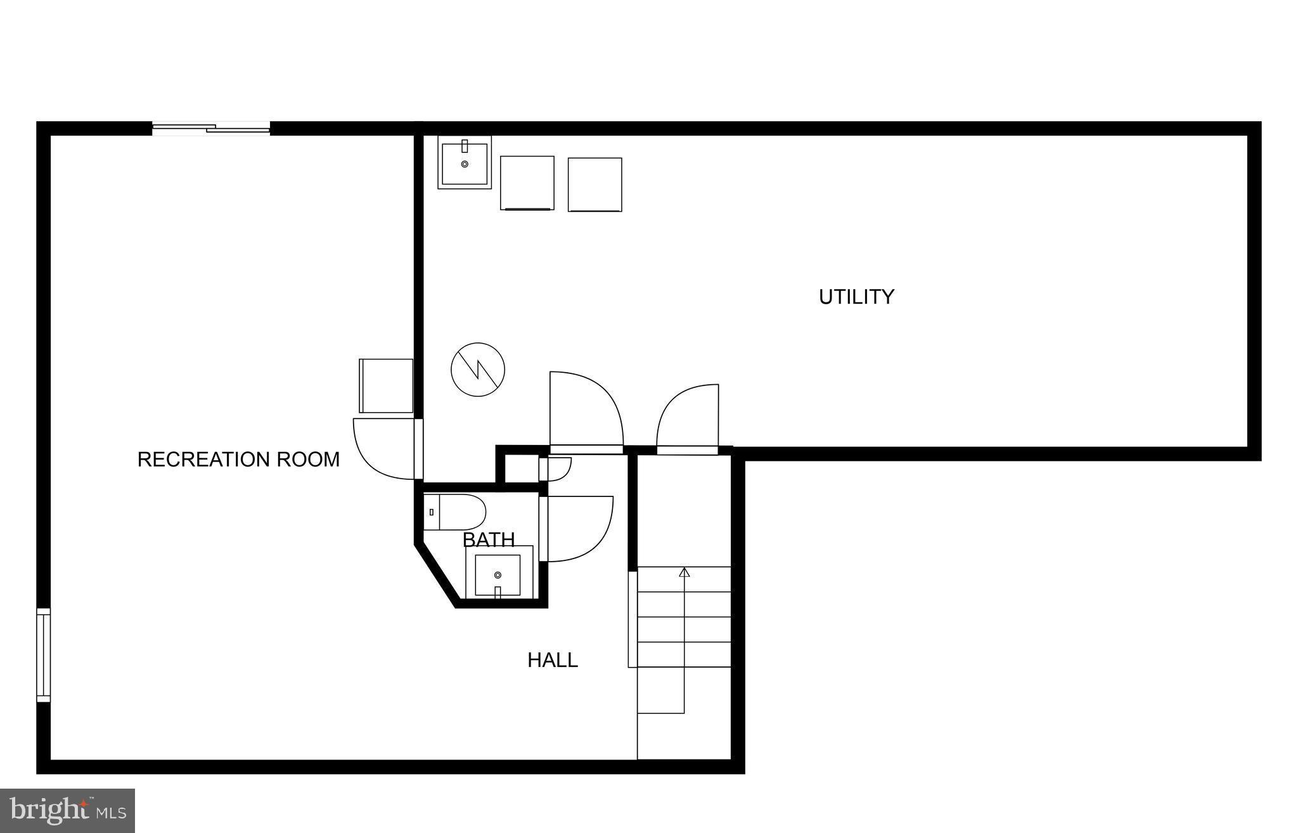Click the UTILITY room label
click(856, 297)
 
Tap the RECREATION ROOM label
click(238, 459)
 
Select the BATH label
click(489, 539)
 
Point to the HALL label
click(553, 660)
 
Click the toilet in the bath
click(454, 512)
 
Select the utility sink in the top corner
click(465, 162)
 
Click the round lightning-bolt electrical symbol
click(478, 370)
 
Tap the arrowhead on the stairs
click(684, 572)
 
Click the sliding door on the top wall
click(211, 129)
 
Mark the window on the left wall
click(43, 655)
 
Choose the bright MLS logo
click(67, 810)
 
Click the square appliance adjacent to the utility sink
click(527, 183)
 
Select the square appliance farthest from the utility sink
click(595, 184)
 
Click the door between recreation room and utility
click(385, 448)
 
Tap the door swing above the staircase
click(690, 419)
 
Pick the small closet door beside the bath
click(556, 468)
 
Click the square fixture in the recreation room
click(386, 385)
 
